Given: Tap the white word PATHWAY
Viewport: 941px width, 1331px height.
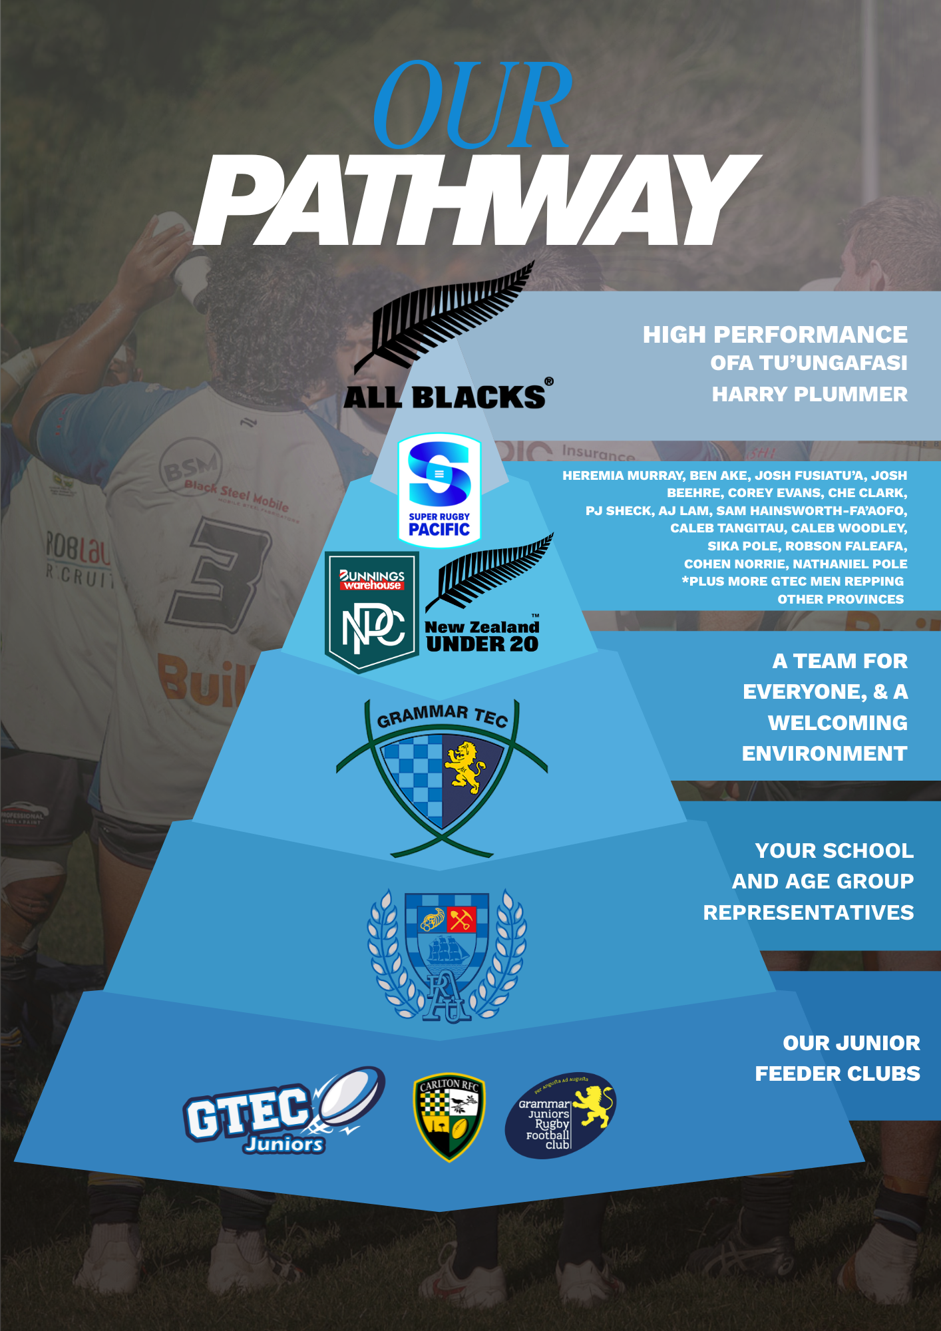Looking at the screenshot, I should click(x=476, y=201).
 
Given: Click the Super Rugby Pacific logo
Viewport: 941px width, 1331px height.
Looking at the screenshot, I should click(x=439, y=490).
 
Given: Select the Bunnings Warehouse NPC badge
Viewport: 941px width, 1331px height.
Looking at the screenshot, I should click(x=372, y=611).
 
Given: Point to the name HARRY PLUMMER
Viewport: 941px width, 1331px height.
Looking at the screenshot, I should click(x=809, y=395).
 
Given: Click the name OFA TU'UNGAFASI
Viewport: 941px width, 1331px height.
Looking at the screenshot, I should click(x=809, y=363).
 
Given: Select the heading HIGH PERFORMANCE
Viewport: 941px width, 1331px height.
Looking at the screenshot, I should click(x=775, y=335).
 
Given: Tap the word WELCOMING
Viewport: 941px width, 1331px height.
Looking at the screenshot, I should click(x=837, y=723).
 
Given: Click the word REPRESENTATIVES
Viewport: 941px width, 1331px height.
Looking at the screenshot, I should click(x=809, y=912).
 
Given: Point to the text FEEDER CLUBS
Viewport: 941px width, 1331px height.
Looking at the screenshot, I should click(x=837, y=1073).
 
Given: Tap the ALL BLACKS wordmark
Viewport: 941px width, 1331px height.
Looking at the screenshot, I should click(x=444, y=397).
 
